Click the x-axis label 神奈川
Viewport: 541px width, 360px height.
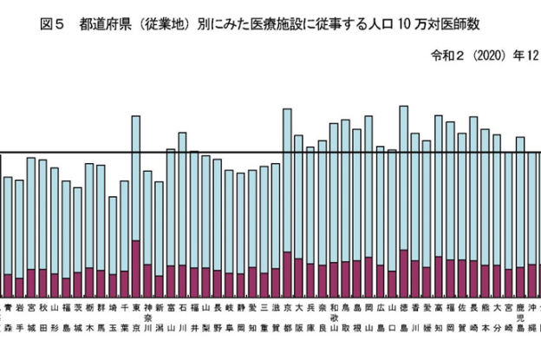[x=147, y=317]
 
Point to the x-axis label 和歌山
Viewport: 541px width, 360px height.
[x=335, y=317]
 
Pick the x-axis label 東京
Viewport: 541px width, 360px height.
[x=136, y=317]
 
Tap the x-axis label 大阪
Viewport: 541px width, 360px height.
[x=299, y=317]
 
